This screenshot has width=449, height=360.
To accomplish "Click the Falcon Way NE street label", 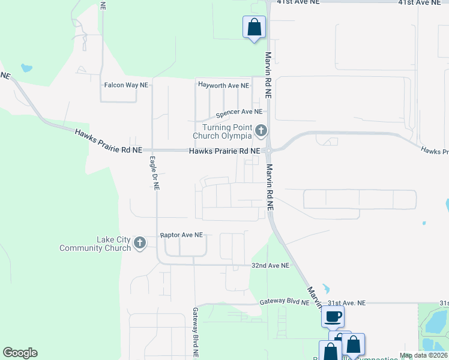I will [x=126, y=85].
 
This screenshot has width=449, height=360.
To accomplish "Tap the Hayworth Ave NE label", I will [x=223, y=86].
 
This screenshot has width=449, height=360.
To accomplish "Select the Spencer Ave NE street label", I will [x=239, y=112].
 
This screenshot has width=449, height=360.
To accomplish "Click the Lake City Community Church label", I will [x=96, y=244].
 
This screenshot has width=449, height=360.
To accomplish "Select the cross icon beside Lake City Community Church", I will [x=139, y=243].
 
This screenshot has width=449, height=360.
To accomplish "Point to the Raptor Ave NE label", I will [x=181, y=235].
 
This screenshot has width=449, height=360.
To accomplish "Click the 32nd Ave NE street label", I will [x=270, y=265].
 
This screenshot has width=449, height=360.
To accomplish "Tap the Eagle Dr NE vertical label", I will [x=154, y=173].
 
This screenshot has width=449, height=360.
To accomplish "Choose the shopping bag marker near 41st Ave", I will [x=253, y=27].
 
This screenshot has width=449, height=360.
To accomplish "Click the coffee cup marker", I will [x=333, y=316].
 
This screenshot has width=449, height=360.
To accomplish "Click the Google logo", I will [x=20, y=353].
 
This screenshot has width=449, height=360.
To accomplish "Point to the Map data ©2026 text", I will [x=423, y=355].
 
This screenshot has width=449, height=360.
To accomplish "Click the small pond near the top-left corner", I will [x=26, y=68].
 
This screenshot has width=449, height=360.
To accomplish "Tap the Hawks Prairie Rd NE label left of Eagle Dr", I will [x=108, y=140].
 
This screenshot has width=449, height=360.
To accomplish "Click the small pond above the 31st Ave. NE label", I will [x=325, y=288].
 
